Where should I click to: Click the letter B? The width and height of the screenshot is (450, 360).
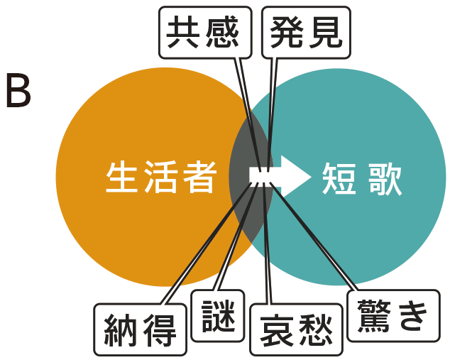coord(18,91)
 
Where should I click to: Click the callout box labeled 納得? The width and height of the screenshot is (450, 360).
coord(141,329)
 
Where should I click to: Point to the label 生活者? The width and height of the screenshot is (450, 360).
coord(160,178)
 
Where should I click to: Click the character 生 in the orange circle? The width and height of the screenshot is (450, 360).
coord(123,178)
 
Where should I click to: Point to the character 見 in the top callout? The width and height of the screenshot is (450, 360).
coord(326,32)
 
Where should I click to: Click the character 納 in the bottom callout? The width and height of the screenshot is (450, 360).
coord(121,329)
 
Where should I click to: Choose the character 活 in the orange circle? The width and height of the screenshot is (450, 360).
coord(160,178)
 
